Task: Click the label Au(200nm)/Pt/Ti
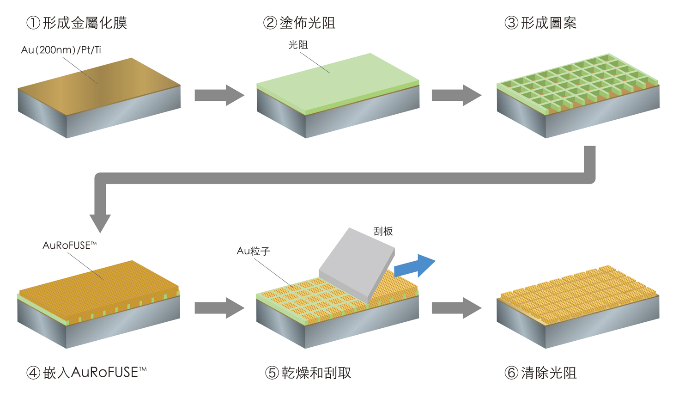(x=61, y=50)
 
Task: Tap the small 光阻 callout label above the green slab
(x=298, y=45)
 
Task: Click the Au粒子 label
(x=253, y=251)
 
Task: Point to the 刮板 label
(x=383, y=231)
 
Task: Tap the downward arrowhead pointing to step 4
(x=100, y=222)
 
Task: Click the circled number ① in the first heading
(x=33, y=23)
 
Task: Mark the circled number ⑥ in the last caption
(x=511, y=373)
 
